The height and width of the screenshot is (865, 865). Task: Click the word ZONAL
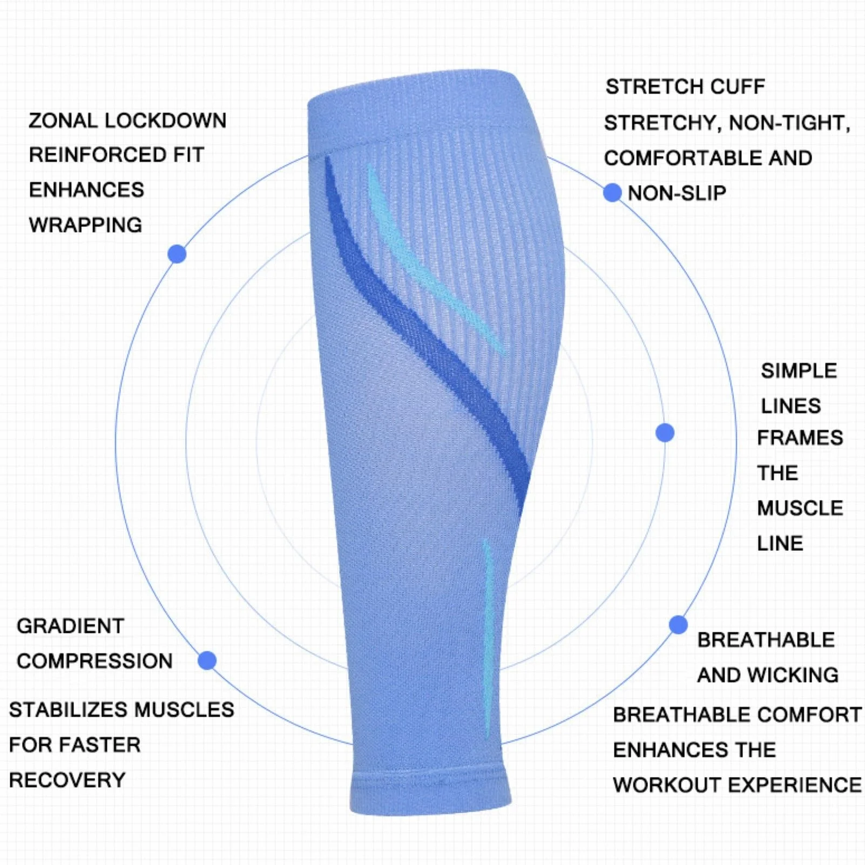[x=62, y=120]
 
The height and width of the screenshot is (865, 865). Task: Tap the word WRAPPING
[x=85, y=225]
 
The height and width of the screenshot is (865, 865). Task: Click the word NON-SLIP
[x=677, y=193]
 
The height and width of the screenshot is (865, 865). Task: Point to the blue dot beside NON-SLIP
[x=612, y=192]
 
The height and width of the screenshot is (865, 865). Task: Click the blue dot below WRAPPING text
[x=177, y=254]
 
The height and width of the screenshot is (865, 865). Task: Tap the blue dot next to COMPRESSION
[x=207, y=660]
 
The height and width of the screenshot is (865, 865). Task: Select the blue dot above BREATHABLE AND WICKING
[x=678, y=625]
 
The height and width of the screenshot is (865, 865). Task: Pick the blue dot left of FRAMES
[x=665, y=432]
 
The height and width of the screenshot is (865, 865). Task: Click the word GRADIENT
[x=70, y=626]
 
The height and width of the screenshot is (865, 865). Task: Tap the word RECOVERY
[x=67, y=780]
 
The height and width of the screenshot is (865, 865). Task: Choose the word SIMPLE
[x=799, y=371]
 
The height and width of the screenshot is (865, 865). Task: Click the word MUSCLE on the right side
[x=800, y=508]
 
